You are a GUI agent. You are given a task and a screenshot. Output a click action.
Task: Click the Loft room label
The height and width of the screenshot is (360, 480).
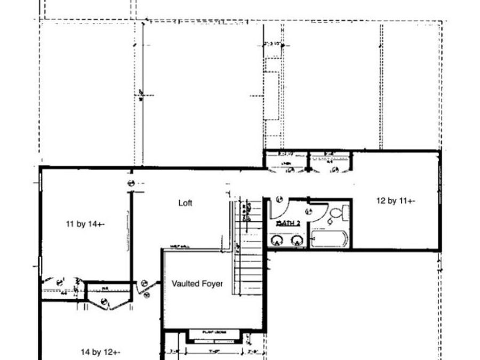tap(185, 203)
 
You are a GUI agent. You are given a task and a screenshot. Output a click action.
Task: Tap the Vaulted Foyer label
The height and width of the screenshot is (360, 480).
tap(197, 284)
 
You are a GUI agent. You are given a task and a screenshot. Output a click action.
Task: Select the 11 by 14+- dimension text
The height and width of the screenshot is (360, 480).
tap(85, 225)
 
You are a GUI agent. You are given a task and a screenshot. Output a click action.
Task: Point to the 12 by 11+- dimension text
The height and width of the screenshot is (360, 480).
tap(395, 201)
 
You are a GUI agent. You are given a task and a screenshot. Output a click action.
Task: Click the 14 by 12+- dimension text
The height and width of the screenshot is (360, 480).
tap(100, 352)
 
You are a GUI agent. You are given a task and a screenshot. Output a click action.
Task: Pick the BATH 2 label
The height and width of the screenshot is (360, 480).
tap(288, 224)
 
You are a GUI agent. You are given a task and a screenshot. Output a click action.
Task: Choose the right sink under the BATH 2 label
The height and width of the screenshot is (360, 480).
tap(297, 241)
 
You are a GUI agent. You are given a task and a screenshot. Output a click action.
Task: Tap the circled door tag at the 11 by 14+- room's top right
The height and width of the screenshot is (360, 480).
tap(130, 183)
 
